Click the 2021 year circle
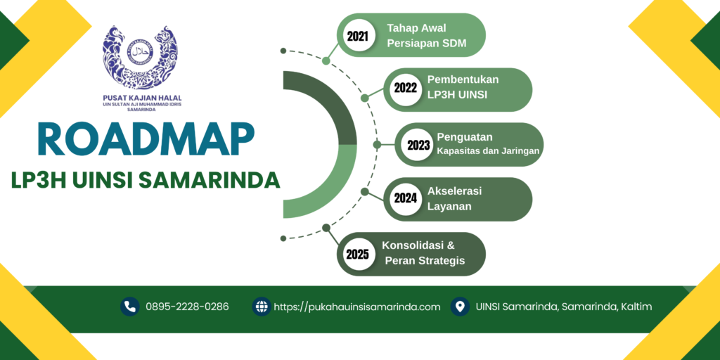pyautogui.click(x=358, y=35)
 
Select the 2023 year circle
pyautogui.click(x=418, y=145)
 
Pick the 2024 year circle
pyautogui.click(x=405, y=199)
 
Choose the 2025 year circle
pyautogui.click(x=358, y=254)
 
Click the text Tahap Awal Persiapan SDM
pyautogui.click(x=427, y=35)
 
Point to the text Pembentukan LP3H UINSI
pyautogui.click(x=463, y=86)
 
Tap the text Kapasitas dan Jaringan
pyautogui.click(x=488, y=150)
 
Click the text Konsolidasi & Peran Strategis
pyautogui.click(x=423, y=253)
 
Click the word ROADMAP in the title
pyautogui.click(x=146, y=139)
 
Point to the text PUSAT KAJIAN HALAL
pyautogui.click(x=142, y=98)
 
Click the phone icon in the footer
pyautogui.click(x=130, y=307)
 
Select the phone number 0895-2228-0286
pyautogui.click(x=187, y=307)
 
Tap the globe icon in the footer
pyautogui.click(x=262, y=307)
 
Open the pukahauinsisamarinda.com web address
pyautogui.click(x=357, y=307)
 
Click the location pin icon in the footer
pyautogui.click(x=460, y=307)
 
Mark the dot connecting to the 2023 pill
pyautogui.click(x=377, y=145)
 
